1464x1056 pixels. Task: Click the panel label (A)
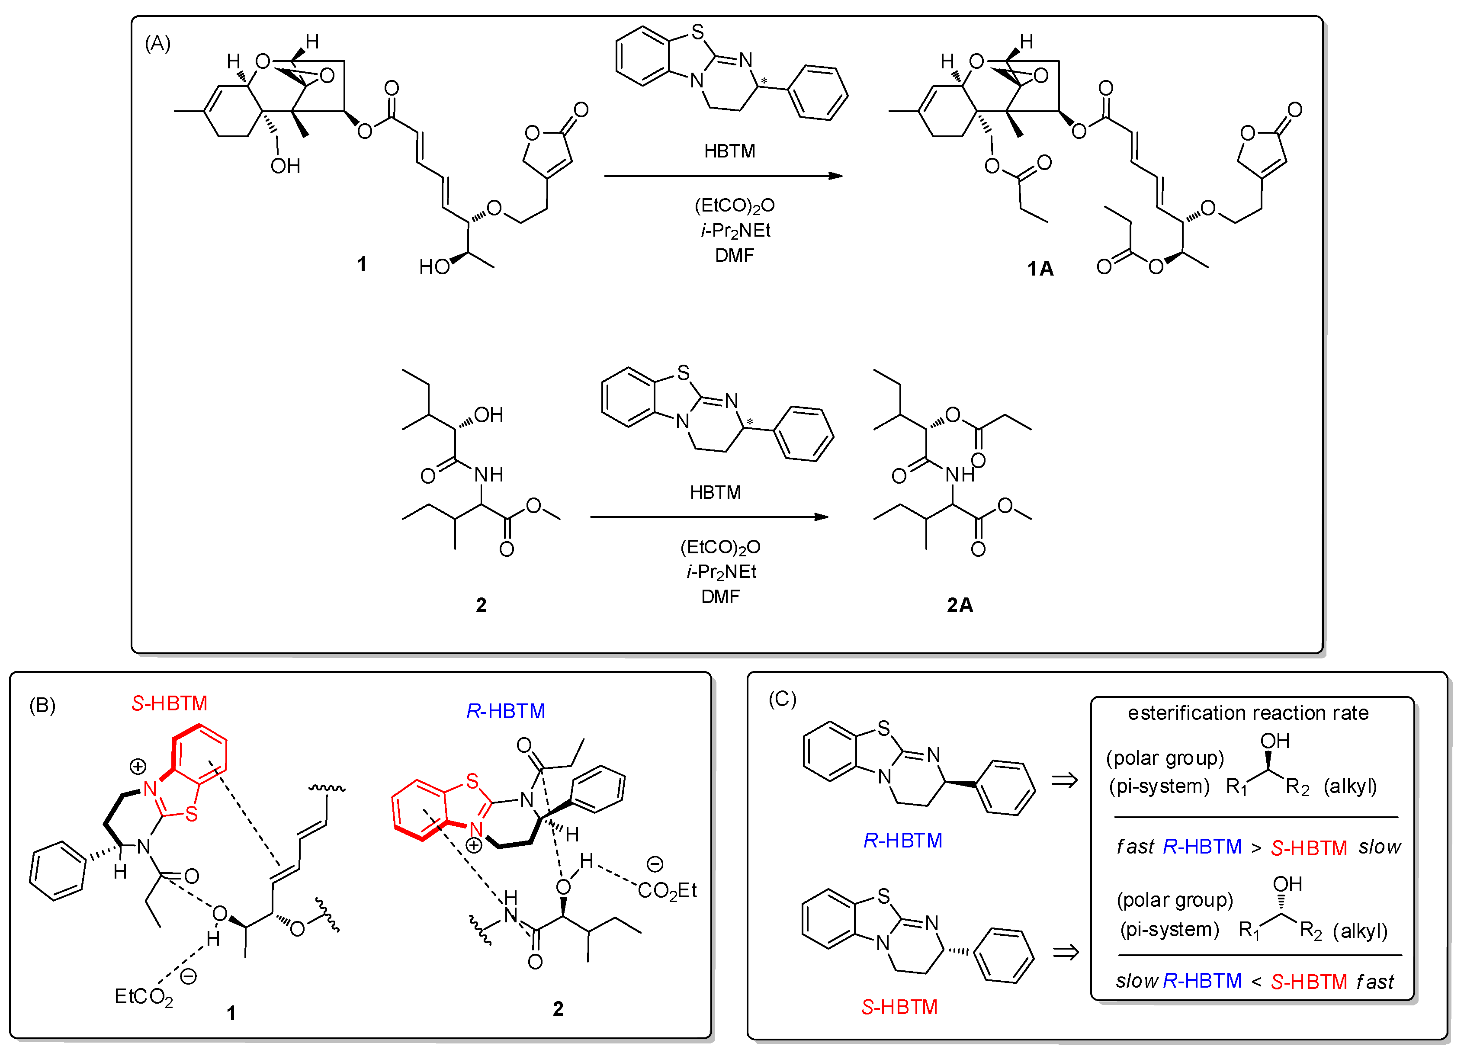coord(157,43)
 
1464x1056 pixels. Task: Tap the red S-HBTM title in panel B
coord(169,703)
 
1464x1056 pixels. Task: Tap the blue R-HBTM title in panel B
coord(505,711)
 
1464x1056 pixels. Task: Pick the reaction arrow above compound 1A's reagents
coord(723,176)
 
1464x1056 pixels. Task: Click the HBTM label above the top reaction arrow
coord(729,151)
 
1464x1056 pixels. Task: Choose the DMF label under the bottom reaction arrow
coord(720,597)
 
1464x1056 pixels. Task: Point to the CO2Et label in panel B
coord(667,891)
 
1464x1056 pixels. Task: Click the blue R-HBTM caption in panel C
coord(902,841)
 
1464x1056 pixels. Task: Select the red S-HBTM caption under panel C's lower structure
coord(899,1007)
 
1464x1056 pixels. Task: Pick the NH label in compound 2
coord(488,475)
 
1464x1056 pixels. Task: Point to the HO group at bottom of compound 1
coord(434,266)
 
